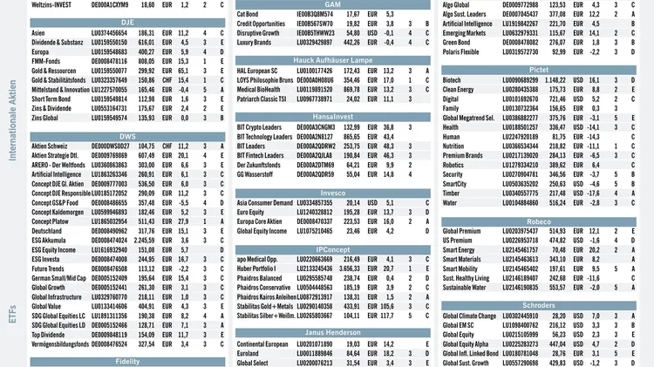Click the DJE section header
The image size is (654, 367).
[x=127, y=20]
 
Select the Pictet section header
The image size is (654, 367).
[x=539, y=68]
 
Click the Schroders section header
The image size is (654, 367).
[x=539, y=304]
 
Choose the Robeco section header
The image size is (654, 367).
[x=539, y=221]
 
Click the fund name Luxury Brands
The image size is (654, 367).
[x=256, y=42]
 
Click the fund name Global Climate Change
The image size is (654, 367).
[x=470, y=316]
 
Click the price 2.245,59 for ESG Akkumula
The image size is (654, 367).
[x=144, y=239]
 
